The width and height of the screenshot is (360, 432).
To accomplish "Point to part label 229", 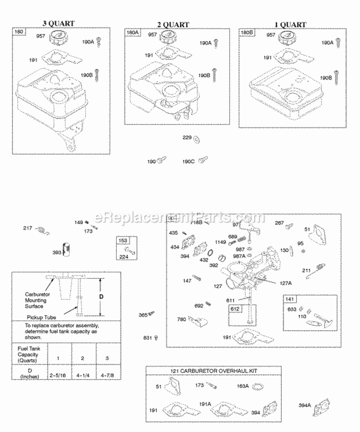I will coord(187,138).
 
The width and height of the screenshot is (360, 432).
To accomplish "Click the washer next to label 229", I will coord(197,139).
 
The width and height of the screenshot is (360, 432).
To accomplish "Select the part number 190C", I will coord(188,161).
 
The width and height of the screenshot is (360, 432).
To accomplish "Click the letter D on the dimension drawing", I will coord(101,297).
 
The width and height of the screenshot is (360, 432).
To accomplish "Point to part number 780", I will coord(182,319).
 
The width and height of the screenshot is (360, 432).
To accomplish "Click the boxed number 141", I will coord(290,300).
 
